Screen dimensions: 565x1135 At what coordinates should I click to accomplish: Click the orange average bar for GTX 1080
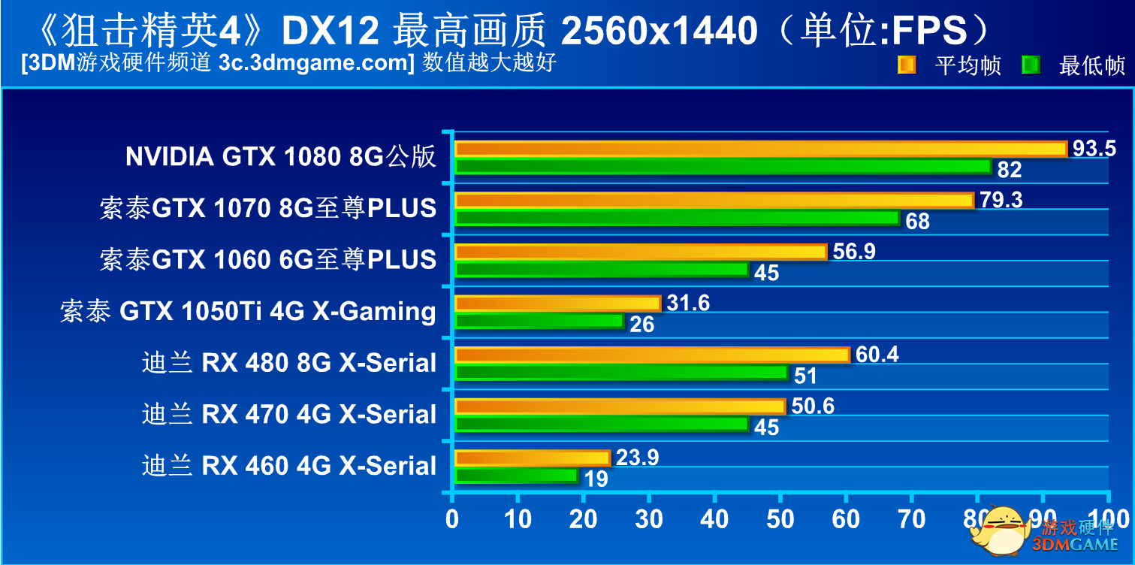tap(760, 149)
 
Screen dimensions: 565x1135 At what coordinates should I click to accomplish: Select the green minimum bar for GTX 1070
tap(677, 218)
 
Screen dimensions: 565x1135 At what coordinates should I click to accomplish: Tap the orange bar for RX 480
tap(652, 355)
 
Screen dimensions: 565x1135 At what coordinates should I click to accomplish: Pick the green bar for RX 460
tap(516, 475)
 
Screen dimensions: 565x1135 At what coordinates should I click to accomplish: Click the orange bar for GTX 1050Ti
tap(557, 304)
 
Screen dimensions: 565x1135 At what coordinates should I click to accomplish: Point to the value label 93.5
tap(1094, 149)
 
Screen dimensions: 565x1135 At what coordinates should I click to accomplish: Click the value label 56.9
tap(854, 251)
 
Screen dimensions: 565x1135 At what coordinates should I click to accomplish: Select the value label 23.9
tap(637, 458)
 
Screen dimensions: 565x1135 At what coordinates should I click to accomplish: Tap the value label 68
tap(917, 222)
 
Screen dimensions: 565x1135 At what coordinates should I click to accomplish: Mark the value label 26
tap(641, 325)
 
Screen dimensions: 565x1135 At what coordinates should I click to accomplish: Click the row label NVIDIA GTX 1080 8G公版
tap(281, 156)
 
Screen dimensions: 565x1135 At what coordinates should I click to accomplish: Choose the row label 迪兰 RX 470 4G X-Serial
tap(289, 414)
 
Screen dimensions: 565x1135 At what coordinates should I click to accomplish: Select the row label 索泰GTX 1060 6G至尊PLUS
tap(267, 259)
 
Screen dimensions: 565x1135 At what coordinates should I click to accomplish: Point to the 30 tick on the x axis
tap(648, 519)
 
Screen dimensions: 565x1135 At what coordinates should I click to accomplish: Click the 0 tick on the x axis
tap(451, 519)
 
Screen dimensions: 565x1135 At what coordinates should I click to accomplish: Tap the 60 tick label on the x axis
tap(846, 519)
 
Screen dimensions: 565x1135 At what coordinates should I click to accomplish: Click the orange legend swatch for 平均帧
tap(907, 65)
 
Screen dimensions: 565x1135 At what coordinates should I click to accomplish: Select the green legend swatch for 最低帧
tap(1031, 65)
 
